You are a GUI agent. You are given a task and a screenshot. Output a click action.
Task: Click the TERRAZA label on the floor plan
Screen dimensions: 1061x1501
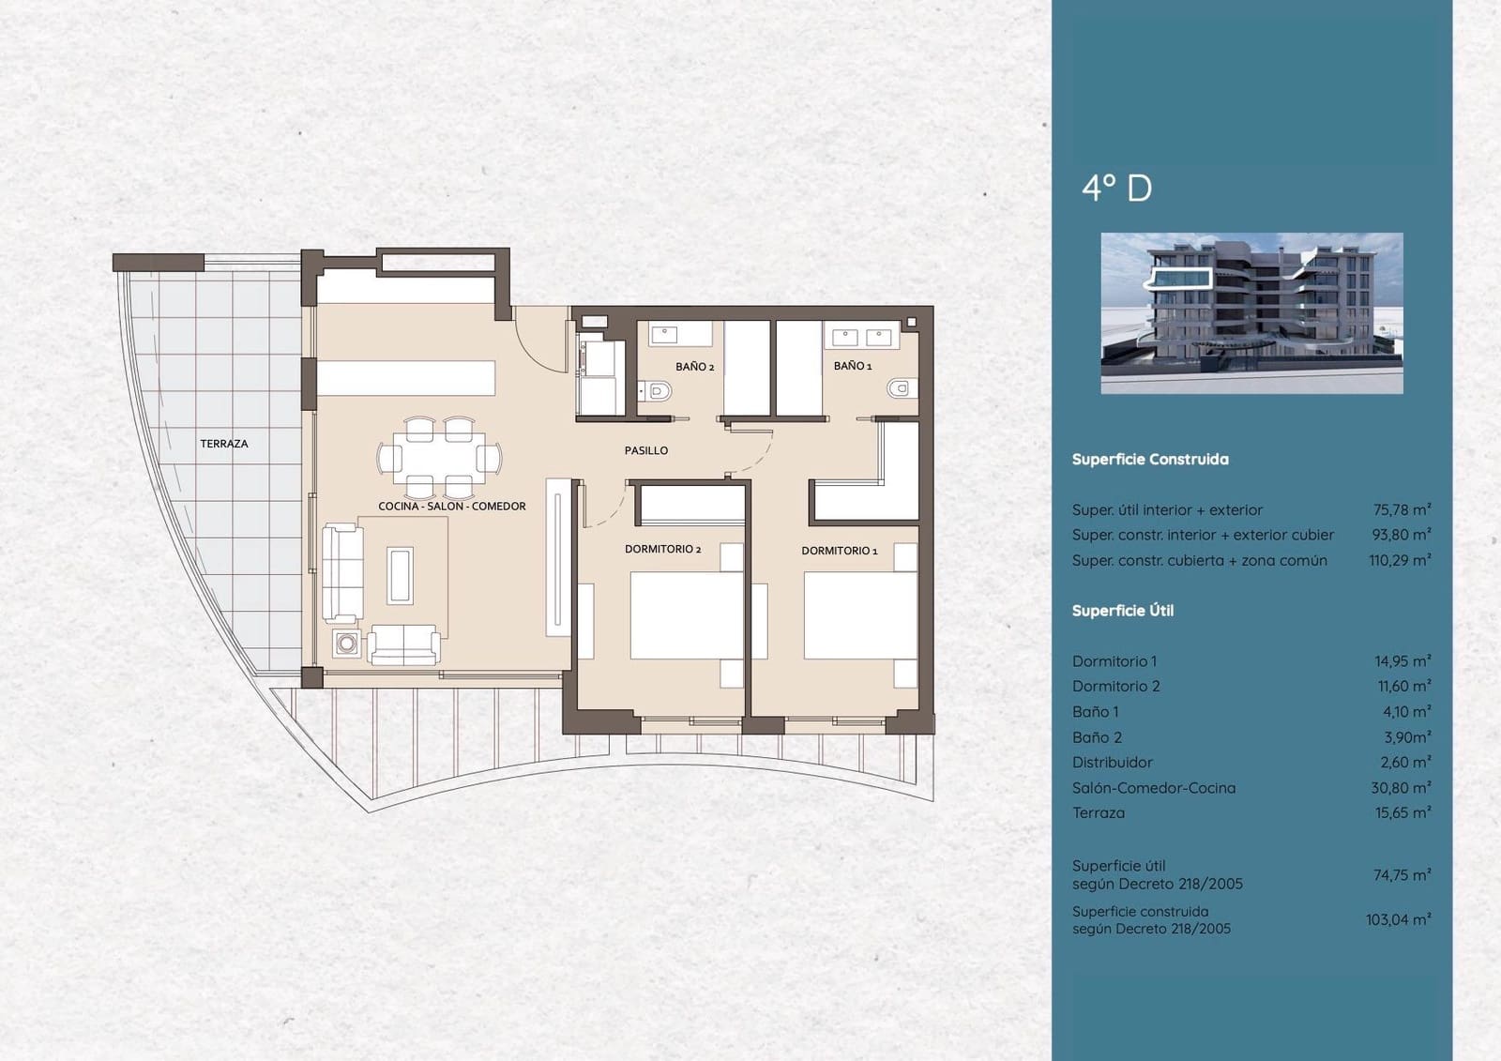223,444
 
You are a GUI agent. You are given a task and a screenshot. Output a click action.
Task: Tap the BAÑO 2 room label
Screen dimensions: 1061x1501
694,367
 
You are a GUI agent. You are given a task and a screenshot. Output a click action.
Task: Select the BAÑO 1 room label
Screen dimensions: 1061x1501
852,366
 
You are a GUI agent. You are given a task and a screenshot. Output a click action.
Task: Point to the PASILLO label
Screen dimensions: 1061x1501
646,451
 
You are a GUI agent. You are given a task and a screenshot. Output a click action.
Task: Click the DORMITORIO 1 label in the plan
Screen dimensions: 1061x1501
839,551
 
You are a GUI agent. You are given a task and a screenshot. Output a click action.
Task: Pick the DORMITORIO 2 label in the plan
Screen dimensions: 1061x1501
662,549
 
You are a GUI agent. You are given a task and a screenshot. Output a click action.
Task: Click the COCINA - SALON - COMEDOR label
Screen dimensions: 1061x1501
451,507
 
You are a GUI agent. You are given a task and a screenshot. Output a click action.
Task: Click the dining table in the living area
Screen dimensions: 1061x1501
439,458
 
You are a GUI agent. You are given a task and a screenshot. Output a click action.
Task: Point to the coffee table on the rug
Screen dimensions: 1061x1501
400,574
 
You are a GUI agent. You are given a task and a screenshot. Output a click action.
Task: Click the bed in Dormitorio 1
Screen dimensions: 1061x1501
859,614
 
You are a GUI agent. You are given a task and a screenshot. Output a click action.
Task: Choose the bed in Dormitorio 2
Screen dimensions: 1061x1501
686,615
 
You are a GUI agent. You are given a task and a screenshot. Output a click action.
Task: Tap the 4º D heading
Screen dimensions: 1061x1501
1116,189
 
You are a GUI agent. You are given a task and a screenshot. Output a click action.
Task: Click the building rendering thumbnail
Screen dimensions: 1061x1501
1251,312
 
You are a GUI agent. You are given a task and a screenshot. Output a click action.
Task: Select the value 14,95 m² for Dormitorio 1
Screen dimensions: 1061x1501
1402,661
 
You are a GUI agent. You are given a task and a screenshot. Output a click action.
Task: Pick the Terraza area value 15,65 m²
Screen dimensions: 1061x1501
1402,813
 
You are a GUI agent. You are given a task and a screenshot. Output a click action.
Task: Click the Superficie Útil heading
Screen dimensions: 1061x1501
1122,611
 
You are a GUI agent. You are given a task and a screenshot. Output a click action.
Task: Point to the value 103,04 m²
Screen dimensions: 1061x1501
1398,920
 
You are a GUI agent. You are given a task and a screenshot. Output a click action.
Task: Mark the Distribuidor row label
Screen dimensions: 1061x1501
1112,763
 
